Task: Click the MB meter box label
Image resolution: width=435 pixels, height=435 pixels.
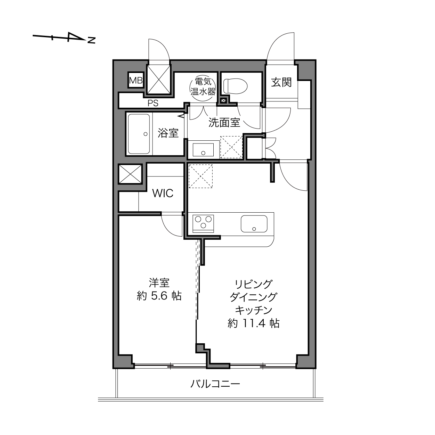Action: point(136,80)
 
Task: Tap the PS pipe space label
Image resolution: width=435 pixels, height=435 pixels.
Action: point(153,103)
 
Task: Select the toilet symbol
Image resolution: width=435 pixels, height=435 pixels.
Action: point(235,86)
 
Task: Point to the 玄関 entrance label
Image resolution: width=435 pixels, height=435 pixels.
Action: point(281,82)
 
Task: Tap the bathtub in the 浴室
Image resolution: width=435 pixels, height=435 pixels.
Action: point(139,134)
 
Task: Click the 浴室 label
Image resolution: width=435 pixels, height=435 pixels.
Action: point(168,133)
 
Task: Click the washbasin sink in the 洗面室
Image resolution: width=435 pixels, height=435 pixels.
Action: point(203,150)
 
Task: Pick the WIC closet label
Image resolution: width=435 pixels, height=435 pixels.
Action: point(163,193)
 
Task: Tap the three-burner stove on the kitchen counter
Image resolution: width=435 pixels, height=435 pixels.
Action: point(203,223)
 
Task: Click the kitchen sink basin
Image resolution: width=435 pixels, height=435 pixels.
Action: point(254,224)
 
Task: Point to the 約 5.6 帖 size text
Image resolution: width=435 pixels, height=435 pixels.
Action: point(159,296)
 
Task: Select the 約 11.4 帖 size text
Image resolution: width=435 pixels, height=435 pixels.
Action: point(254,323)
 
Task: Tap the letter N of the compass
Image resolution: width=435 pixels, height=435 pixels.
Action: point(91,40)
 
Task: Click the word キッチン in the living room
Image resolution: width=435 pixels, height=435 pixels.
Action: point(254,310)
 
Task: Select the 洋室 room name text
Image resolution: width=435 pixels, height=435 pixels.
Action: point(159,282)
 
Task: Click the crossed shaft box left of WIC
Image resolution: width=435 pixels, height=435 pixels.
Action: point(130,174)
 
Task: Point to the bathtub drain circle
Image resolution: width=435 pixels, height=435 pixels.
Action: point(145,134)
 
